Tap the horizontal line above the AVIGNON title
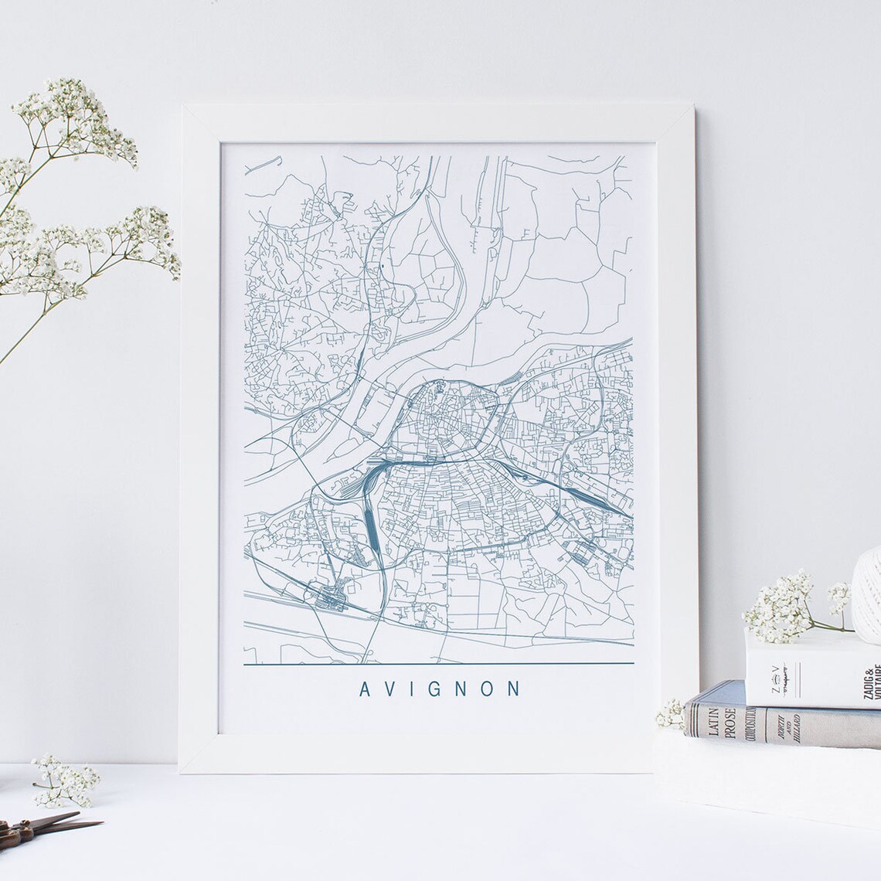tap(438, 664)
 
